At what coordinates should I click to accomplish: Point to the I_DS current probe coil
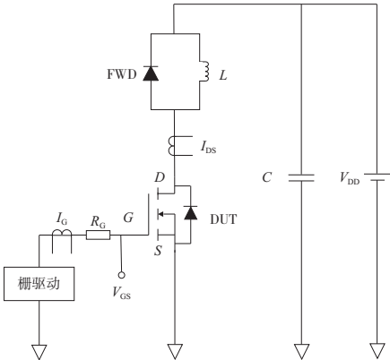point(173,142)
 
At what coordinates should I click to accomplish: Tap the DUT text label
point(221,218)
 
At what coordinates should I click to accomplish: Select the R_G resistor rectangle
point(98,236)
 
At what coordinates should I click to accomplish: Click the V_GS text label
point(121,294)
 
